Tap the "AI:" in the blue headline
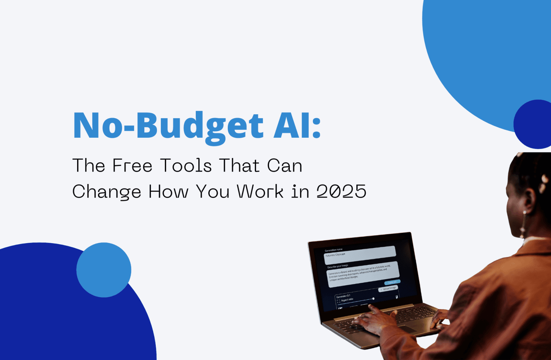click(297, 126)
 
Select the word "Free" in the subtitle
click(132, 166)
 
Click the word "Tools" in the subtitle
click(186, 166)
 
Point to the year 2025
click(341, 191)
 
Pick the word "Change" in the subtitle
click(107, 192)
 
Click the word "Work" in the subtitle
click(260, 191)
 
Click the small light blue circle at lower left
click(104, 270)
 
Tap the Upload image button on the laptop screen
click(388, 289)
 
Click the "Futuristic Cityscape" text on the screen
click(335, 255)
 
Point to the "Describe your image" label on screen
click(338, 266)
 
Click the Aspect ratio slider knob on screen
click(373, 299)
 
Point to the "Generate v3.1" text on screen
click(343, 296)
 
